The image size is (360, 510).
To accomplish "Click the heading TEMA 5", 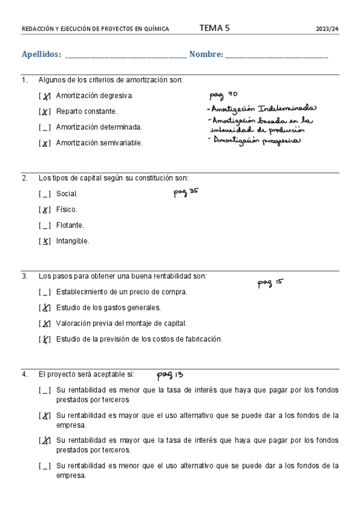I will (x=214, y=28).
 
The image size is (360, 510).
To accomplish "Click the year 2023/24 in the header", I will (x=328, y=28).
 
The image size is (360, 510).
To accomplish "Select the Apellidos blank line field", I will (x=126, y=55).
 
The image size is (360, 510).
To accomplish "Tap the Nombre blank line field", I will (x=276, y=55).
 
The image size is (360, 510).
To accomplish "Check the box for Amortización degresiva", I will (x=44, y=96).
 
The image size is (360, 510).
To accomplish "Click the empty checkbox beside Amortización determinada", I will (x=44, y=127).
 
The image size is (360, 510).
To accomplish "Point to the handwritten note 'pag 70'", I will (x=224, y=94).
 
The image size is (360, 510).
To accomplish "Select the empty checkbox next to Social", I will (x=44, y=194).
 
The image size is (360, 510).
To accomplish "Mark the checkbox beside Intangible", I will (x=44, y=241).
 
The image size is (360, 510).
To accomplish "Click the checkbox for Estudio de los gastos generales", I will (x=44, y=308).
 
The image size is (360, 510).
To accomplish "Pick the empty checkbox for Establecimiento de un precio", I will (x=44, y=292).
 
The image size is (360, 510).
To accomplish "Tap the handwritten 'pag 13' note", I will (x=170, y=375).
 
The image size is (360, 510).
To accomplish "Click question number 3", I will (x=25, y=277).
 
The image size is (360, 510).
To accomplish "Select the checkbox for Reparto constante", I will (x=44, y=112).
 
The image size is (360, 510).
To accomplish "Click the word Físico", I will (x=67, y=210).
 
